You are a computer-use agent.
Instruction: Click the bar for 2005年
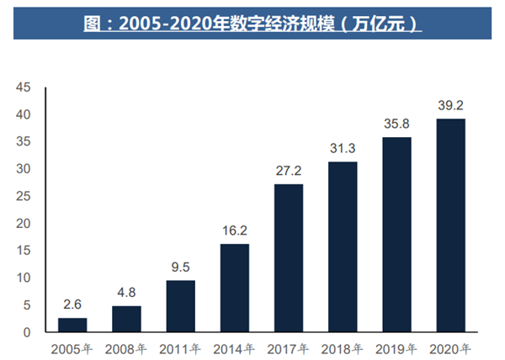[72, 325]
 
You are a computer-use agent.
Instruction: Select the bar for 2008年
[126, 319]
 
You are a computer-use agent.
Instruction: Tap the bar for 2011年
[180, 306]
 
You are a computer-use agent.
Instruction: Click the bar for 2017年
[289, 258]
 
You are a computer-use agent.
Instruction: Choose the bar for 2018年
[343, 247]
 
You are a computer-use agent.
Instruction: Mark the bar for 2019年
[396, 235]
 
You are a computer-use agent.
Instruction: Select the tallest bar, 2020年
[450, 225]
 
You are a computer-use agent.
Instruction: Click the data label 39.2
[450, 107]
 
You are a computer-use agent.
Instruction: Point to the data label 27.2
[289, 172]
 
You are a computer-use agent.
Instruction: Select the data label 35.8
[396, 125]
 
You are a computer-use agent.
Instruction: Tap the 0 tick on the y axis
[27, 332]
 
